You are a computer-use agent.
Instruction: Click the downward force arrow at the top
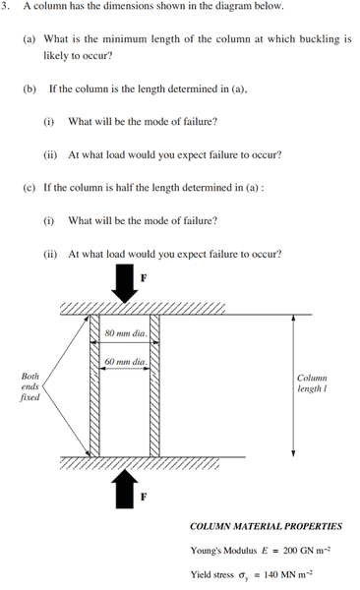(124, 283)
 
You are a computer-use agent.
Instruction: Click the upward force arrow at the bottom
(125, 489)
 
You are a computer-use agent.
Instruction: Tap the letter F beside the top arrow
(144, 278)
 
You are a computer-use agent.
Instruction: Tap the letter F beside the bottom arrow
(144, 497)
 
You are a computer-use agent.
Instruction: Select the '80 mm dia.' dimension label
(126, 333)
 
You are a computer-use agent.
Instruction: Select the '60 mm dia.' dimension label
(125, 362)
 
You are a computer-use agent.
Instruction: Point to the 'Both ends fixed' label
(30, 386)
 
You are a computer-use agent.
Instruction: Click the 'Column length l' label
(312, 383)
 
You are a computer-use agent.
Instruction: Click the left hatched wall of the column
(94, 385)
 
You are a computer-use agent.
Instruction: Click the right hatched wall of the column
(154, 385)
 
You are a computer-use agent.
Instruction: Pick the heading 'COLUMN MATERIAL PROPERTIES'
(266, 526)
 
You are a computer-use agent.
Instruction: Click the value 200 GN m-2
(307, 550)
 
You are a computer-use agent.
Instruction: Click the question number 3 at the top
(4, 7)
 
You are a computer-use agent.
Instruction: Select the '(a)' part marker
(29, 39)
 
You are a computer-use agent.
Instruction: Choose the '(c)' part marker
(29, 188)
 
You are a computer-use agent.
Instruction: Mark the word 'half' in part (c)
(125, 188)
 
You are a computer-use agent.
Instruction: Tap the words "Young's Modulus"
(223, 551)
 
